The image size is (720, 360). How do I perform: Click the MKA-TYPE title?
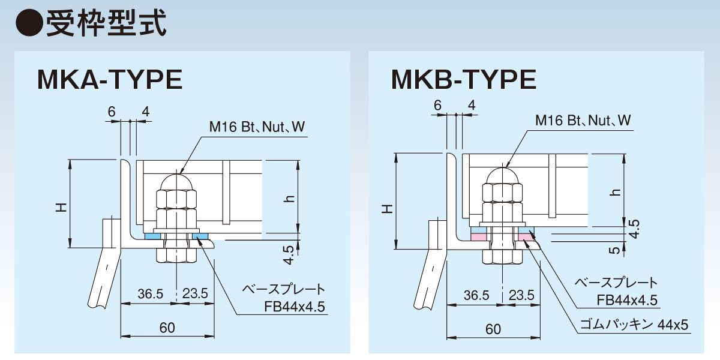(109, 80)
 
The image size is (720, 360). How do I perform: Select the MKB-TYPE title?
(463, 80)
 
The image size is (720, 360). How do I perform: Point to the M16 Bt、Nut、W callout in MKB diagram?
(583, 121)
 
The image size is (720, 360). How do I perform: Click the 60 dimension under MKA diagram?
(167, 328)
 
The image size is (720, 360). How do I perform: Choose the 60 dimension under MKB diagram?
(493, 329)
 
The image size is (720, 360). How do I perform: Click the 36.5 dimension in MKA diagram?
(151, 294)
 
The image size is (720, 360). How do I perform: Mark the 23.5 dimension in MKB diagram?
(521, 295)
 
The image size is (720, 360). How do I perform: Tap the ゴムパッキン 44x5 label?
(634, 325)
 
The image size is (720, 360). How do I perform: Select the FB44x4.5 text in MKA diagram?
(295, 308)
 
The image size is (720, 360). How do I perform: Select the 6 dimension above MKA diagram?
(112, 111)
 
